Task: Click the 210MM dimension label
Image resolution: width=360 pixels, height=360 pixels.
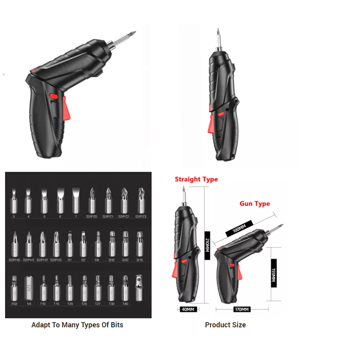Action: pyautogui.click(x=207, y=247)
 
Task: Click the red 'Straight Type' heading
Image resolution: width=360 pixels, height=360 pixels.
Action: pyautogui.click(x=196, y=179)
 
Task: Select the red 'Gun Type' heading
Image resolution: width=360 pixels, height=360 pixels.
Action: pyautogui.click(x=255, y=203)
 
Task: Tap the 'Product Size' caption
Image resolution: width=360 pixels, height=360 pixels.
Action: pyautogui.click(x=225, y=324)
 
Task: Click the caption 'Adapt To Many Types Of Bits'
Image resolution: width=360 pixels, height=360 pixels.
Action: pyautogui.click(x=77, y=324)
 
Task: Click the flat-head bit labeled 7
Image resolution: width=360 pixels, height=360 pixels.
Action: pyautogui.click(x=75, y=200)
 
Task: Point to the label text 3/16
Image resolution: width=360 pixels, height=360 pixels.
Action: pyautogui.click(x=139, y=260)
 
